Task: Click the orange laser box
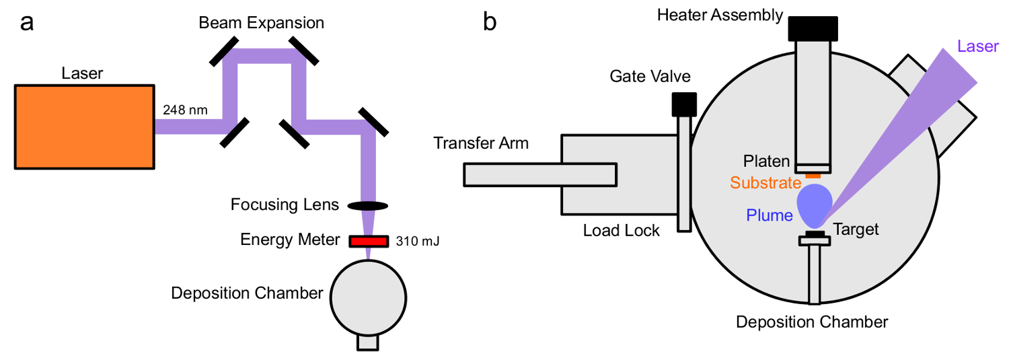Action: click(x=84, y=126)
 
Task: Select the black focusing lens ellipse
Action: click(x=367, y=205)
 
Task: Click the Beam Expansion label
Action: click(x=262, y=24)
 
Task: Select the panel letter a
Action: click(x=27, y=22)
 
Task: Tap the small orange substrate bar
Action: click(x=813, y=176)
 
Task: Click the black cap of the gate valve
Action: click(x=684, y=103)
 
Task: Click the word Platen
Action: click(x=765, y=161)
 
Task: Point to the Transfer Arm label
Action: click(x=481, y=143)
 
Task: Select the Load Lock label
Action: click(x=622, y=231)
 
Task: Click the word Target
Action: click(x=856, y=229)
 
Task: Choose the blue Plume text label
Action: click(x=769, y=215)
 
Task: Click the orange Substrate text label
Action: click(x=765, y=182)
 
